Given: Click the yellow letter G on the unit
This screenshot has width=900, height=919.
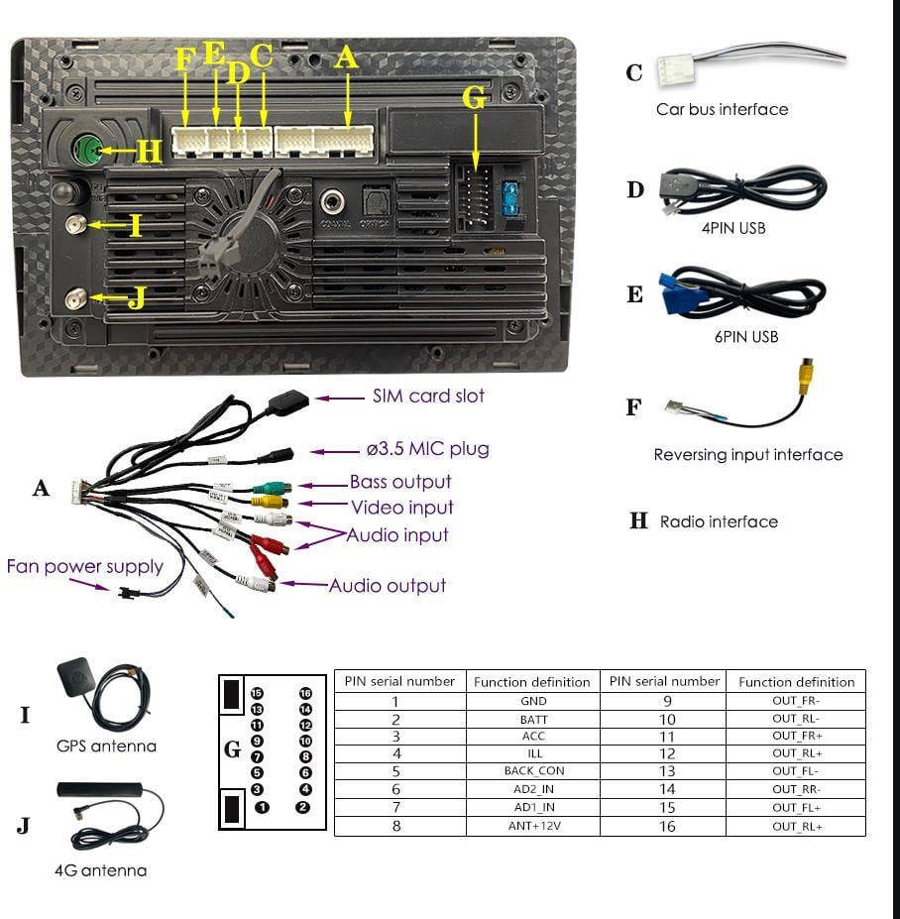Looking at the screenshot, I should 475,97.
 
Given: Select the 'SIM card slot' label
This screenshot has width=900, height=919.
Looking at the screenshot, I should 428,396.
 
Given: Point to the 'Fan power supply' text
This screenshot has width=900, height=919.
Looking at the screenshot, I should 84,566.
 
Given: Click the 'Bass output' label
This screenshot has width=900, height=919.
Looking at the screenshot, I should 399,482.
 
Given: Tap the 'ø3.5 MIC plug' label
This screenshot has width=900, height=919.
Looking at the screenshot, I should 427,449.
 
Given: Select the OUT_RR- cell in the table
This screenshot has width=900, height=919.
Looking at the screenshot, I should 797,789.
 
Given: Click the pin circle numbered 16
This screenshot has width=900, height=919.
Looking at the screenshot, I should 305,694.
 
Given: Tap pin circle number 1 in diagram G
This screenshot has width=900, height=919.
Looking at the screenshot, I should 262,807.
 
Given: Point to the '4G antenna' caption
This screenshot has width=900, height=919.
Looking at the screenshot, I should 100,870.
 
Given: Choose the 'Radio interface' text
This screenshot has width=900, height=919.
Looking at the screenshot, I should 719,521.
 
